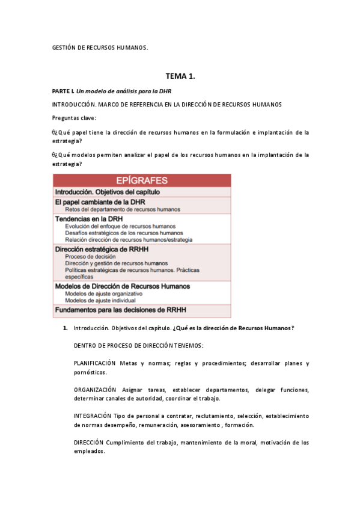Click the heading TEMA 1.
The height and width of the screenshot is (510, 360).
[x=180, y=76]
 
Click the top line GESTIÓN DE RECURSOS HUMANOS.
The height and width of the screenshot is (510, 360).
[x=100, y=47]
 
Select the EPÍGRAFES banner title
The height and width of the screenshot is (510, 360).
[x=142, y=180]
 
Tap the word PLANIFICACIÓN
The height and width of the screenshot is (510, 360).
[x=94, y=363]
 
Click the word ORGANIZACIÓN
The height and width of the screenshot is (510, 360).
[x=95, y=390]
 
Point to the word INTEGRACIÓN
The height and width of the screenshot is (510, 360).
[x=92, y=416]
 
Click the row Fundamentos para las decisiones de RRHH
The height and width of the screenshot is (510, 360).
[x=121, y=310]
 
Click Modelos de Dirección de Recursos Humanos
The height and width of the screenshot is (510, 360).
[x=123, y=286]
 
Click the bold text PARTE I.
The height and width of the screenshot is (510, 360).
[x=63, y=90]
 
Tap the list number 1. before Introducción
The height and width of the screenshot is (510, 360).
[x=65, y=328]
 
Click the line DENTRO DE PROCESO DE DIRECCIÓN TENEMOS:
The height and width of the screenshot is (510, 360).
[x=138, y=346]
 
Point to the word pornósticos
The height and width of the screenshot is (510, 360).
[x=91, y=372]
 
